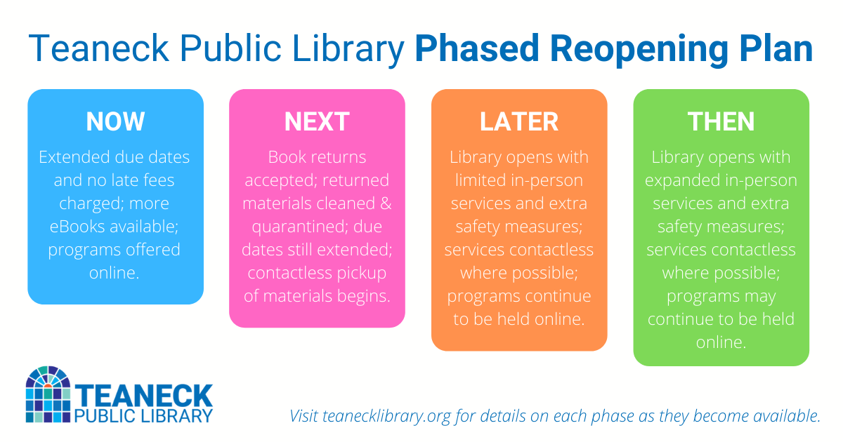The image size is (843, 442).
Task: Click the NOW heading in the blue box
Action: (x=115, y=121)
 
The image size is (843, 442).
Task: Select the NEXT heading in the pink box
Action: (x=317, y=121)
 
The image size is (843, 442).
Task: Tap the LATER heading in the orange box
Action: (x=519, y=121)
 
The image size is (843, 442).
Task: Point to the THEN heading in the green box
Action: (x=721, y=121)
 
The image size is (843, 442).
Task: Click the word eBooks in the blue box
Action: (x=74, y=227)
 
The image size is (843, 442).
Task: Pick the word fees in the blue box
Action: (x=157, y=180)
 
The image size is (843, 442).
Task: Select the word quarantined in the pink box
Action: (x=286, y=227)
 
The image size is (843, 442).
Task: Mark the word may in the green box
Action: (x=762, y=296)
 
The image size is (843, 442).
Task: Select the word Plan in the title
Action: (x=776, y=50)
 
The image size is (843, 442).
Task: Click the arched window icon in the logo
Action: (x=48, y=394)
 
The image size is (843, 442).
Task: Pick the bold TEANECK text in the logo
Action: (x=143, y=395)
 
